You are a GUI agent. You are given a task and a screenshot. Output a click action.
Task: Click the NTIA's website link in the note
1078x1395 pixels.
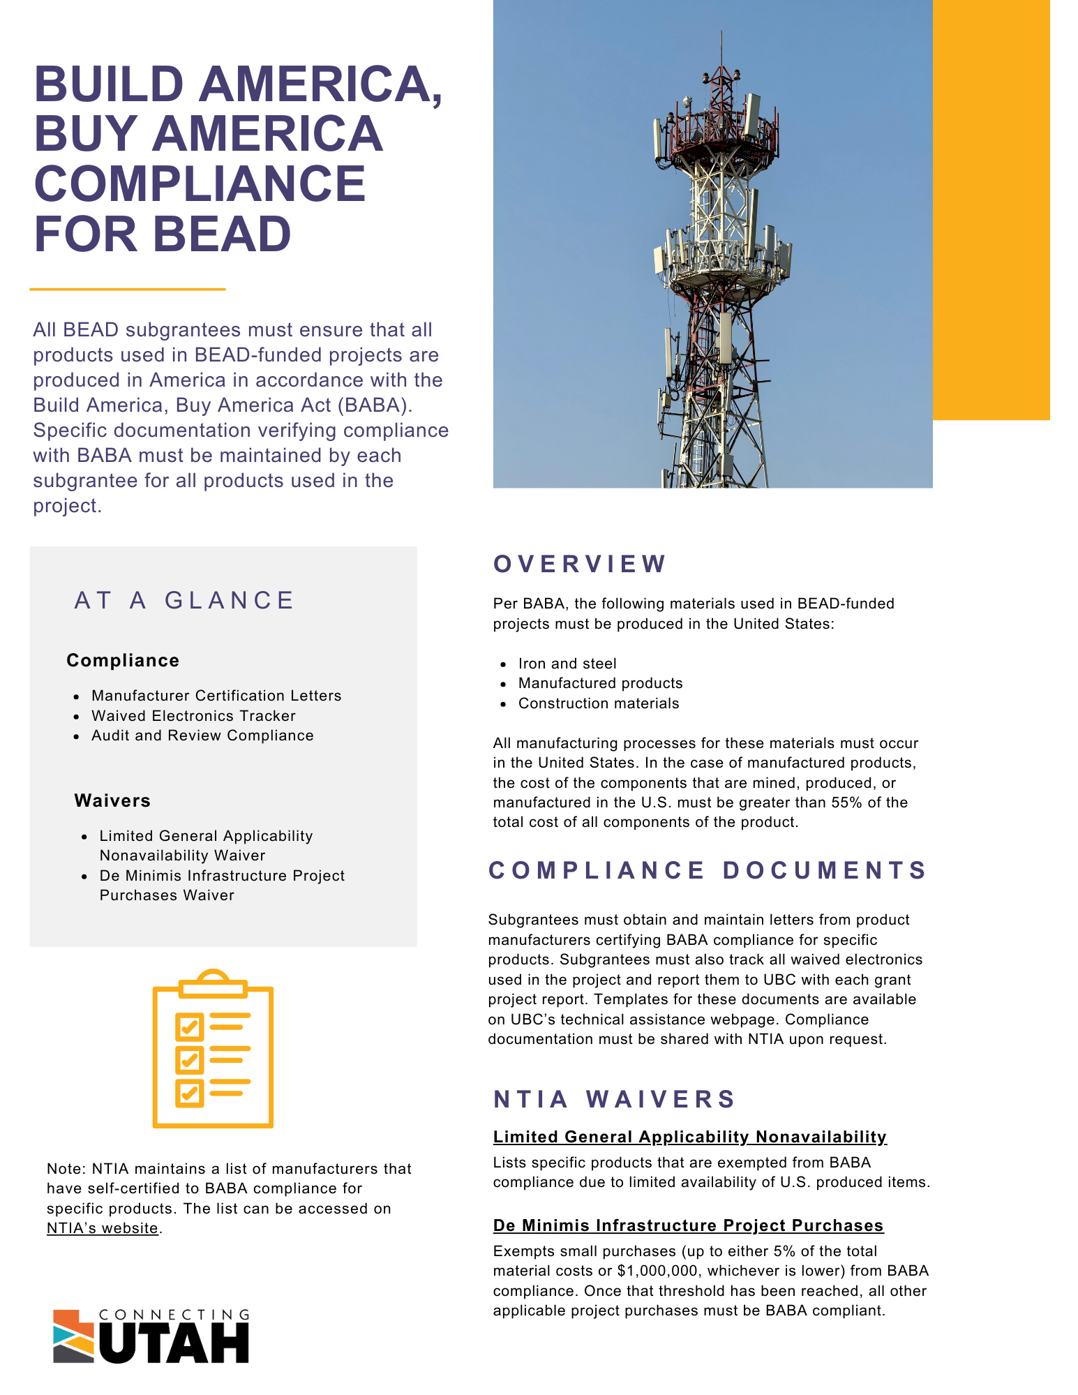(x=103, y=1228)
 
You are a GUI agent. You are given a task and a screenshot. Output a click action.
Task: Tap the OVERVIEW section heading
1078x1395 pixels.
(x=580, y=564)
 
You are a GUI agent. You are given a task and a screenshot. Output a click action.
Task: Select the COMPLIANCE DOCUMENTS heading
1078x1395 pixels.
(x=708, y=870)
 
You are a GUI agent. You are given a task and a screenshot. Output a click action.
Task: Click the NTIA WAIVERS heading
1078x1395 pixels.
(x=614, y=1099)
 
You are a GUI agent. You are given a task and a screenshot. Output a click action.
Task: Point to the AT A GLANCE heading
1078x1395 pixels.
(x=185, y=600)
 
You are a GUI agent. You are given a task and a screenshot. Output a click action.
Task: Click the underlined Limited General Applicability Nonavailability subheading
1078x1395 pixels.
(x=689, y=1137)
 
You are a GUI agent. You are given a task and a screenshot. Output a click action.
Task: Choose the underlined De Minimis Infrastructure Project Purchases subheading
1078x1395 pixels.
(x=688, y=1225)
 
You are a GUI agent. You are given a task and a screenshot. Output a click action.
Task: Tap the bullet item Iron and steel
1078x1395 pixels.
(x=567, y=664)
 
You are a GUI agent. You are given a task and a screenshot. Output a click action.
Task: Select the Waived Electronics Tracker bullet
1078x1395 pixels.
(x=193, y=716)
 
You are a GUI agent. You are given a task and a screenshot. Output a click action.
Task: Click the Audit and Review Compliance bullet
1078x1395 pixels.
(x=202, y=736)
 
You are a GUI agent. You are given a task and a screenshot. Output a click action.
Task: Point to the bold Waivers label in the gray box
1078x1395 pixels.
(x=112, y=800)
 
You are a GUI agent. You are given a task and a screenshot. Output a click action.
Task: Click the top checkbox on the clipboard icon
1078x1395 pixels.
(x=189, y=1026)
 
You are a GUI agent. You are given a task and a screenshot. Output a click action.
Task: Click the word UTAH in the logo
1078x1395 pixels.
(x=174, y=1343)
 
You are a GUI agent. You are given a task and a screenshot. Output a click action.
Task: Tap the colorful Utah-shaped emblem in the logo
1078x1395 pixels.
(x=73, y=1336)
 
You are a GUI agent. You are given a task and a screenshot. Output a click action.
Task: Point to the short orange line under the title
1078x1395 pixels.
(x=128, y=289)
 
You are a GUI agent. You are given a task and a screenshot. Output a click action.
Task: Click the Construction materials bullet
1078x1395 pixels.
(x=599, y=703)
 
